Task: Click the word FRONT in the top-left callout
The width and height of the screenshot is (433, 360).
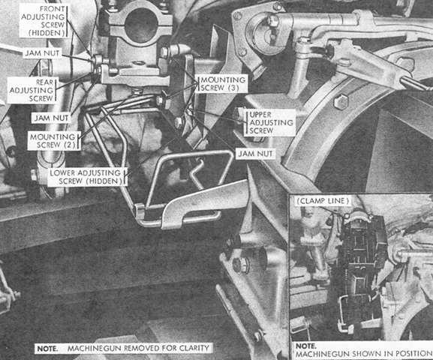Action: point(53,9)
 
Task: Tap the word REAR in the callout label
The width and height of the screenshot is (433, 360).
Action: point(45,82)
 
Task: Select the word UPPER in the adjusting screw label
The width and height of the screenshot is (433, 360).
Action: point(260,115)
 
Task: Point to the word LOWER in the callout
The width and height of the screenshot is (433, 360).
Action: point(62,173)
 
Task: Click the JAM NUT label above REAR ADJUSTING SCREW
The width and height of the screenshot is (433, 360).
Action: point(42,53)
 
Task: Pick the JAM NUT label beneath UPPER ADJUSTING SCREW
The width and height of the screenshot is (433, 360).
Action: point(255,154)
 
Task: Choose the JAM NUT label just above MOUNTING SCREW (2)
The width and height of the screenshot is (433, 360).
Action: point(51,118)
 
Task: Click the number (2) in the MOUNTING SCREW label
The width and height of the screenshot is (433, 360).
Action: point(69,145)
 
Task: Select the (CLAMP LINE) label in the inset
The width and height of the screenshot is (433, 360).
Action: point(323,201)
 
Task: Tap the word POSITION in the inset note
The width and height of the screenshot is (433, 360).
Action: point(414,354)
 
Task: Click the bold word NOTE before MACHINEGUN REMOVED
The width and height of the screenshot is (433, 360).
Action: point(48,349)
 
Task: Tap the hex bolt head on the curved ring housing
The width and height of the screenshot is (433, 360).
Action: point(341,103)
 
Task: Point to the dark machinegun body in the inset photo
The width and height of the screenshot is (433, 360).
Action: point(360,262)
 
